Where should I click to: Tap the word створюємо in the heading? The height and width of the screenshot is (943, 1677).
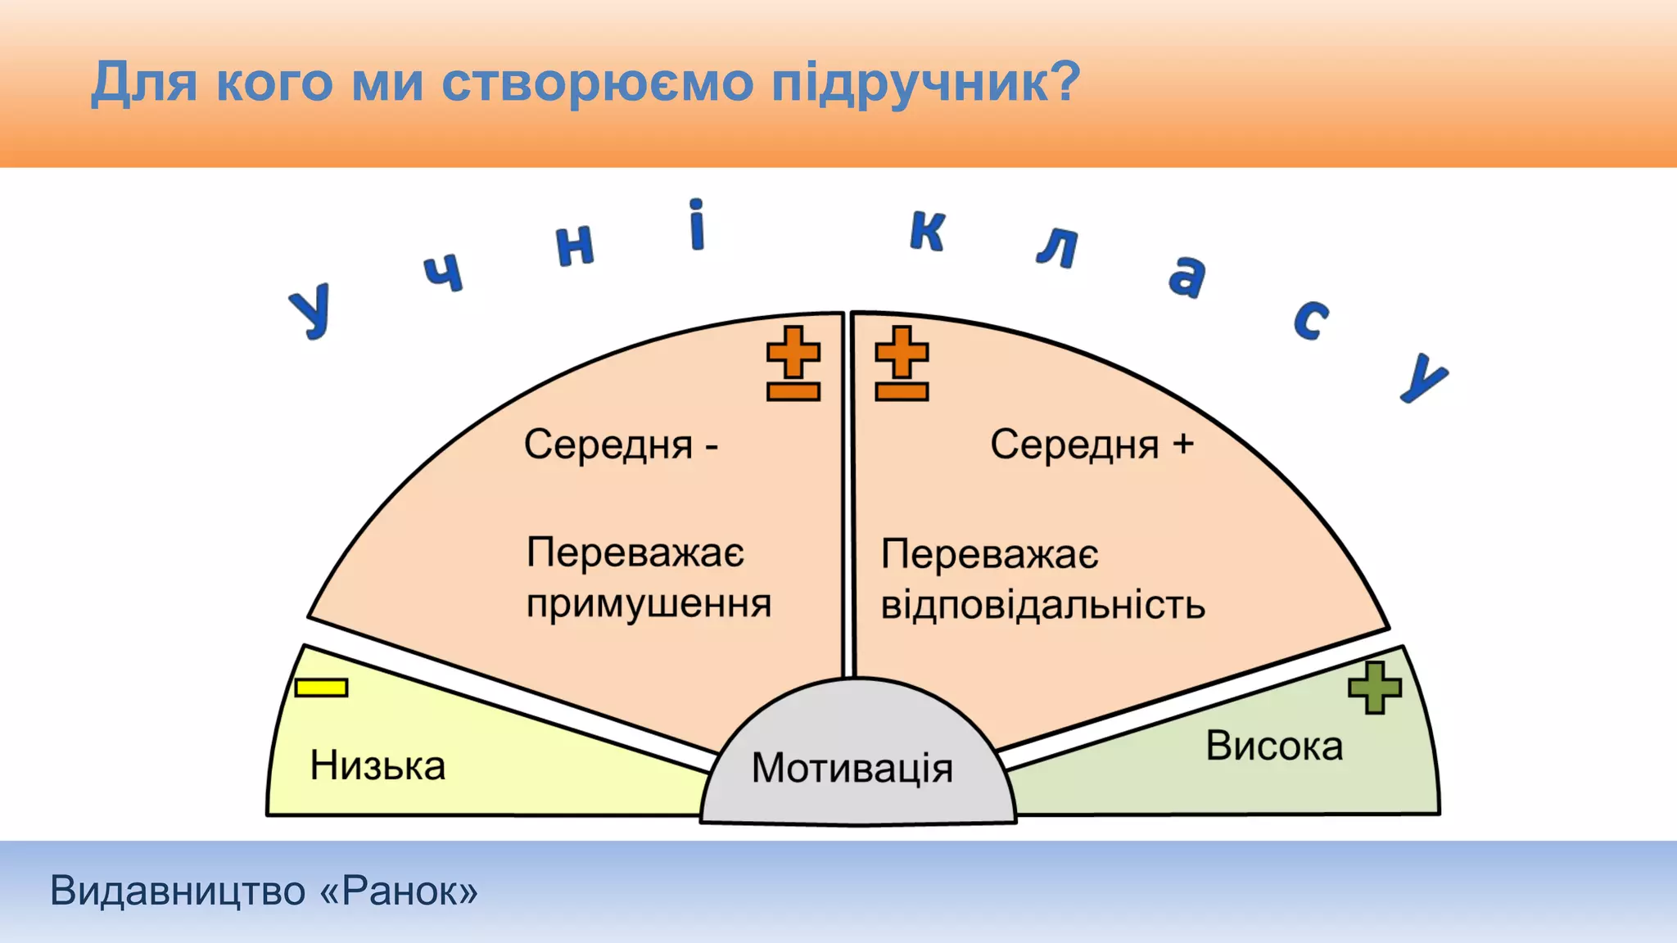coord(597,83)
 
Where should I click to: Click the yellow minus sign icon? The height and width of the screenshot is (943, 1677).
coord(322,688)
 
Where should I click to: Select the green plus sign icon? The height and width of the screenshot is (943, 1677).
coord(1374,688)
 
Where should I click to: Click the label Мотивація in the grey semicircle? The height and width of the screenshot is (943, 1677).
coord(852,769)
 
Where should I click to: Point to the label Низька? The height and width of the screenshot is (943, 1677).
coord(377,766)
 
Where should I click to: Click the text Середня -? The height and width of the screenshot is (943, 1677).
coord(621,445)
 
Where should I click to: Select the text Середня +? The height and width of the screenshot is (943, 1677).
coord(1092,445)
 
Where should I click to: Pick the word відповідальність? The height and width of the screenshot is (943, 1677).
coord(1042,606)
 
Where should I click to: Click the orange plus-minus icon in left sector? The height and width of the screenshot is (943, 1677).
coord(793,363)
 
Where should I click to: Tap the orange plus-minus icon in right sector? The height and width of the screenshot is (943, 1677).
coord(902,363)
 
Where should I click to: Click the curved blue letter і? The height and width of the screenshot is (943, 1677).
coord(696,225)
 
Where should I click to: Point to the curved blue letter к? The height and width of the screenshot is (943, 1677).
coord(928,231)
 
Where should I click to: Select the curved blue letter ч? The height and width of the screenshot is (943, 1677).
coord(445,273)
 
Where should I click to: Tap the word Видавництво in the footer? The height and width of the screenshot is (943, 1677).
coord(178,891)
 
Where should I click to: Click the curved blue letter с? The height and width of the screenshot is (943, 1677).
coord(1310,319)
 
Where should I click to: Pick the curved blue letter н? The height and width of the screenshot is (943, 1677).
coord(575,245)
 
